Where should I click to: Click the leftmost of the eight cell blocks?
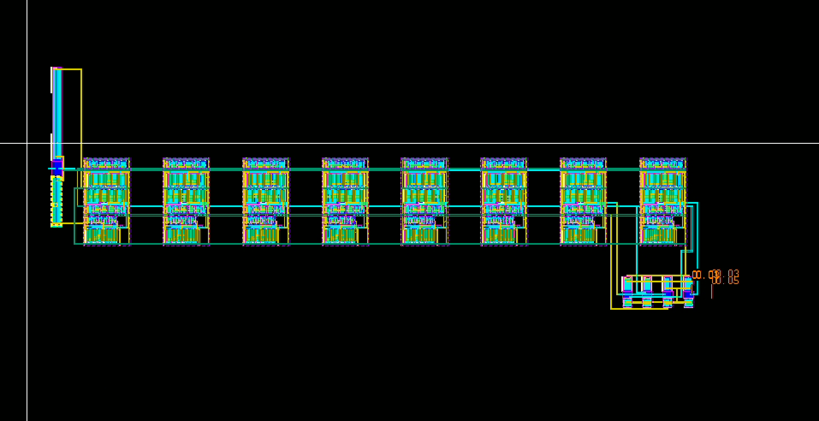[107, 202]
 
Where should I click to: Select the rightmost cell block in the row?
[662, 202]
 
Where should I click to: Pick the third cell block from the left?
[266, 202]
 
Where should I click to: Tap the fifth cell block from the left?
[424, 202]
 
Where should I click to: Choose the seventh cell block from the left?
[583, 202]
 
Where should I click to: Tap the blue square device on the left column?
[57, 167]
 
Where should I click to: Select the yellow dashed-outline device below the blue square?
[56, 200]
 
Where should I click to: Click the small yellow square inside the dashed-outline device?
[55, 205]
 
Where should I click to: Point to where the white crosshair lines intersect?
[27, 143]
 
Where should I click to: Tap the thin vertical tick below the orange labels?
[712, 292]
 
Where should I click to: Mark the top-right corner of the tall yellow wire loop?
[81, 69]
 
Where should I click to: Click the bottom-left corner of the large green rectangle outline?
[74, 244]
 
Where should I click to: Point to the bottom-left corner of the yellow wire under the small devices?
[611, 308]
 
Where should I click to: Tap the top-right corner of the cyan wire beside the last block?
[697, 203]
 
